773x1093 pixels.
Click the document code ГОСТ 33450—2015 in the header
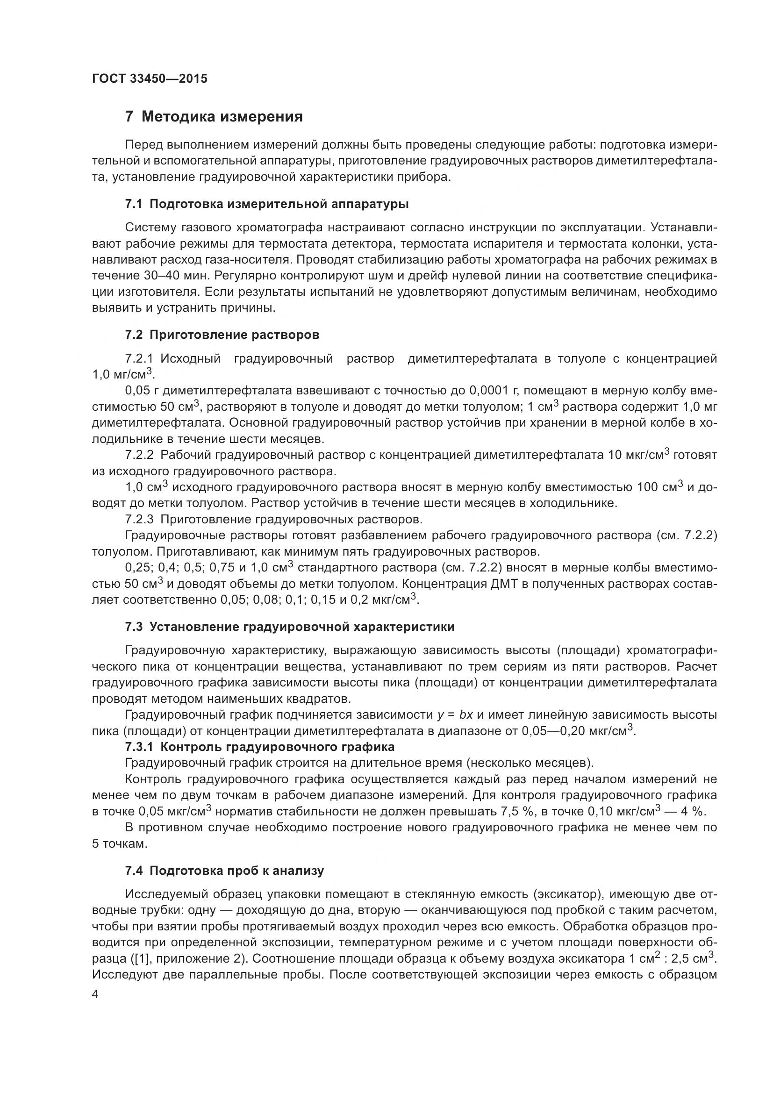tap(150, 79)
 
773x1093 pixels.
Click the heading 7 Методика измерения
tap(214, 117)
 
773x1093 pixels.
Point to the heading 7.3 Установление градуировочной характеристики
tap(289, 627)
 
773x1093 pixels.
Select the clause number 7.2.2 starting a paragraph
tap(139, 455)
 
